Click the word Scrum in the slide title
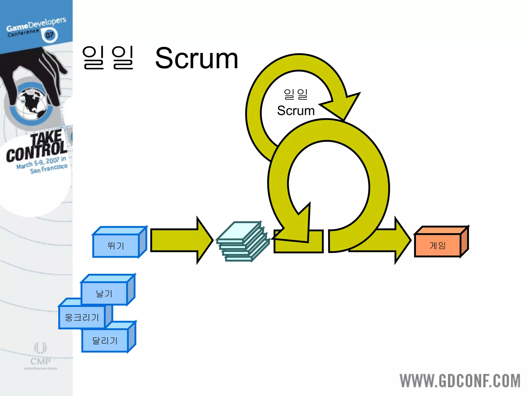(196, 59)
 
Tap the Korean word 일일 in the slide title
(108, 58)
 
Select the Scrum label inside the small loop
(296, 111)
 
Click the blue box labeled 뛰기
(116, 245)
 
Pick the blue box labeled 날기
(104, 293)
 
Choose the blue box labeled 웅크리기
(82, 317)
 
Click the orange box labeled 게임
(437, 245)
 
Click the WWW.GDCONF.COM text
(460, 381)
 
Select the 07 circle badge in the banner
(49, 35)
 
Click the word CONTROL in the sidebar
(37, 152)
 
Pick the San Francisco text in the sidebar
(49, 168)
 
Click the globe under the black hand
(32, 103)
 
